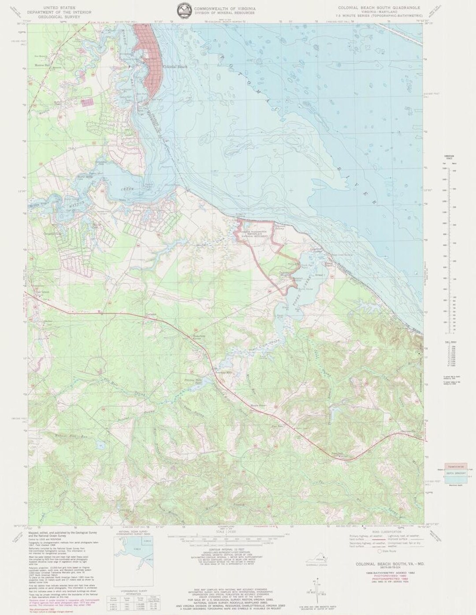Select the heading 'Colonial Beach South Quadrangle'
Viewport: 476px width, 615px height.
379,8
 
